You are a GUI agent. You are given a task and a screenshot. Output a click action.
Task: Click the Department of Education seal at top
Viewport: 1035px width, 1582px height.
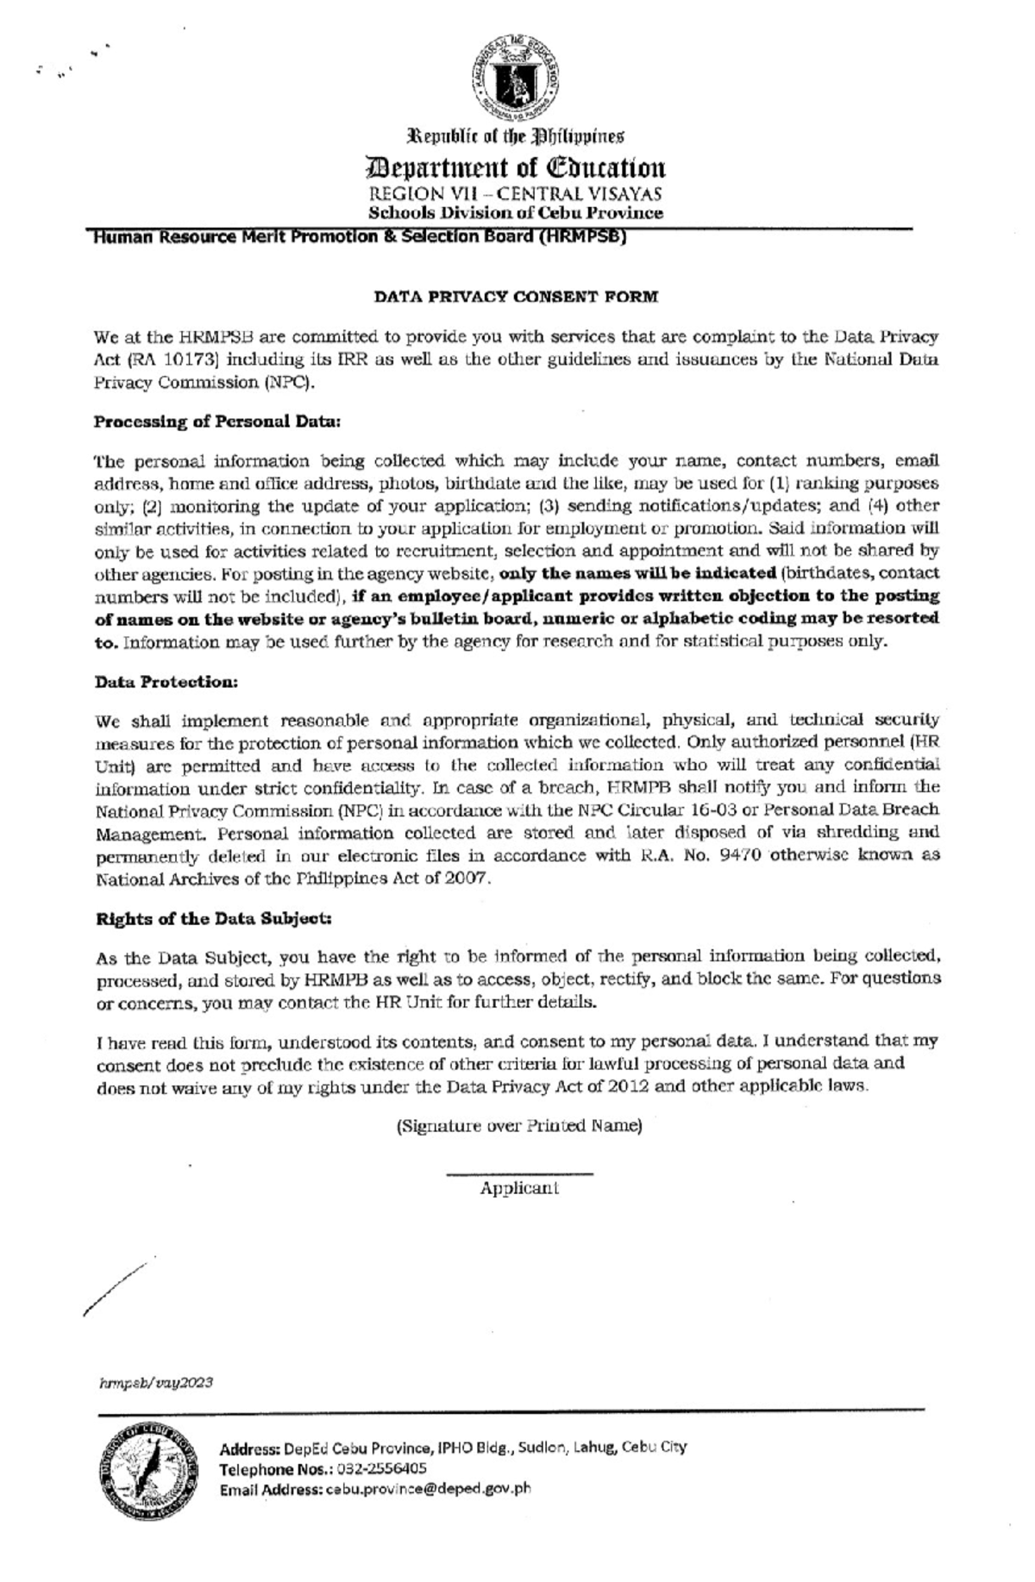point(516,79)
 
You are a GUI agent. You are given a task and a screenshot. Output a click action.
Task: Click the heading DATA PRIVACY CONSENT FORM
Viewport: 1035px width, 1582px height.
point(516,297)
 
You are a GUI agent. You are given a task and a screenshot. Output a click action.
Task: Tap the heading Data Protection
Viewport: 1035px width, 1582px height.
point(166,682)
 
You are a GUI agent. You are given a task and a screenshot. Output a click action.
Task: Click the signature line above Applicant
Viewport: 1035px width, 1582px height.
point(519,1173)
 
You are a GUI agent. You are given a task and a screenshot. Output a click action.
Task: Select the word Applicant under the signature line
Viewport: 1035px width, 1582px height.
point(519,1188)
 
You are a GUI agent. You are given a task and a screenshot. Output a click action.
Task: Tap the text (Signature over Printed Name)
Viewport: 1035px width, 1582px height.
point(518,1126)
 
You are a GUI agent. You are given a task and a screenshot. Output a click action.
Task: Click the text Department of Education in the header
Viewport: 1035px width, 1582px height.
point(516,167)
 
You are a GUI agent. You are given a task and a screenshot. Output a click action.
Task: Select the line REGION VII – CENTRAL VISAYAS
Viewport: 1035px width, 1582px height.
point(516,195)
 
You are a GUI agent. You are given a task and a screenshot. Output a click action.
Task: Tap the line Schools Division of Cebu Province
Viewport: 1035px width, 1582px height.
point(516,213)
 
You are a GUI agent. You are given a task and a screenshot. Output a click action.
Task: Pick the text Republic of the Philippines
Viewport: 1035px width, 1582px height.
point(516,137)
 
